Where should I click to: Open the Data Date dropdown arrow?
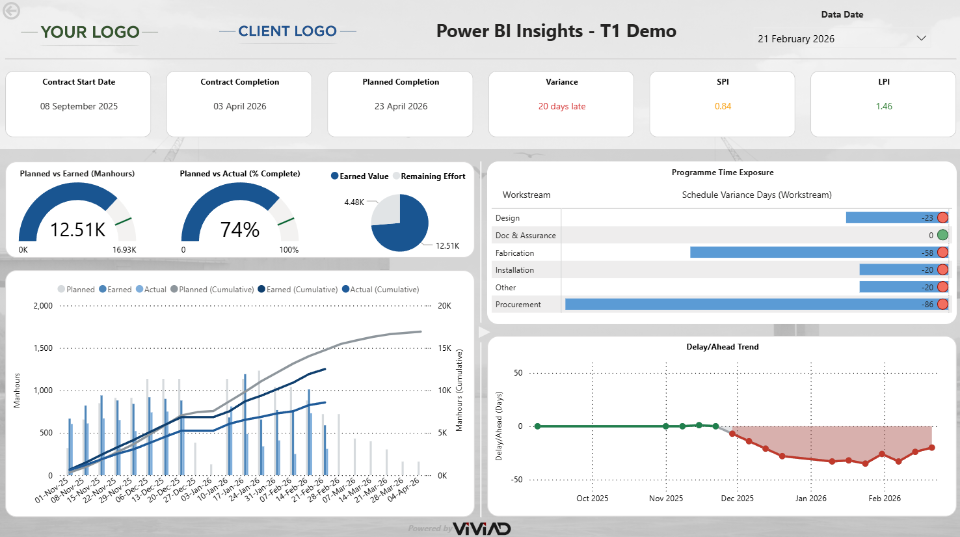(921, 38)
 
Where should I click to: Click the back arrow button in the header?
(11, 11)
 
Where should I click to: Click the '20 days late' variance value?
(561, 106)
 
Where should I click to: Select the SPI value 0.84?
(723, 106)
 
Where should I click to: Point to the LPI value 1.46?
(884, 106)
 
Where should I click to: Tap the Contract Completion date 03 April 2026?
(239, 106)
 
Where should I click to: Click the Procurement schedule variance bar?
(748, 304)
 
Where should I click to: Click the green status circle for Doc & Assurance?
(942, 235)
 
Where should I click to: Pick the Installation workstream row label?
(514, 269)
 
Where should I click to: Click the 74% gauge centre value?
(239, 229)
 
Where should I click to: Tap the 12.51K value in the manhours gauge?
(77, 229)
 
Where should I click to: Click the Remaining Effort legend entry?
(433, 176)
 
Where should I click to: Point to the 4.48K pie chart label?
(354, 202)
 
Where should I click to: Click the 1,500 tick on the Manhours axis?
(43, 348)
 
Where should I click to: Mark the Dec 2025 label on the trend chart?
(737, 499)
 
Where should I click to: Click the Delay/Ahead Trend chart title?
(722, 347)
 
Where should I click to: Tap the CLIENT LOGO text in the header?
(287, 31)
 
